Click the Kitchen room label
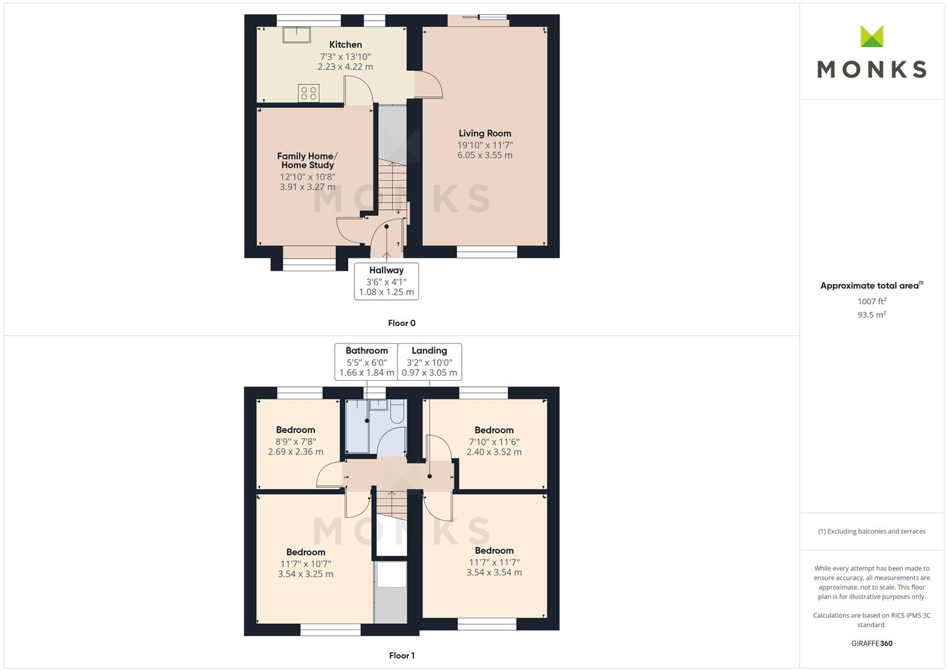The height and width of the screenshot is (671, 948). coord(345,45)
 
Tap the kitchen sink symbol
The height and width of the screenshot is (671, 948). coord(297,35)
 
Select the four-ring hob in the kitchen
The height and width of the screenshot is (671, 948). coord(309,93)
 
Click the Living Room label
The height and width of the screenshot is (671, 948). coord(485,133)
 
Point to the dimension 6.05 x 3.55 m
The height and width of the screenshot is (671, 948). coord(485,155)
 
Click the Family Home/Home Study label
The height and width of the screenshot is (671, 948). coord(307,160)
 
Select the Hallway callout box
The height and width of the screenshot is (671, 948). coord(386,281)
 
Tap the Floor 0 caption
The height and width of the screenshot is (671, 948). coord(402,323)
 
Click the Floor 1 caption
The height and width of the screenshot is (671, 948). coord(402,655)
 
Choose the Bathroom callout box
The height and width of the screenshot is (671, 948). coord(366,362)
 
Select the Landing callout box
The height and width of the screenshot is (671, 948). coord(429,362)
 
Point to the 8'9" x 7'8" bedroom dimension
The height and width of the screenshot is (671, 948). coord(296,441)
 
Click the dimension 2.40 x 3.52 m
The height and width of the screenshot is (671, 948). coord(494,452)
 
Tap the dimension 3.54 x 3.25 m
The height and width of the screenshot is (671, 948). coord(305,575)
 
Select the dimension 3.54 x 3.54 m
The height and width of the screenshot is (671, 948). coord(494,573)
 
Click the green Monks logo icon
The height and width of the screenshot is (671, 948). coord(872,37)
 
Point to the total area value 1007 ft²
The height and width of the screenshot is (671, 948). coord(872,301)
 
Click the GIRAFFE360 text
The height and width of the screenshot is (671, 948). coord(872,644)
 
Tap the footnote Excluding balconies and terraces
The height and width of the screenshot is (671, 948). coord(872,531)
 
